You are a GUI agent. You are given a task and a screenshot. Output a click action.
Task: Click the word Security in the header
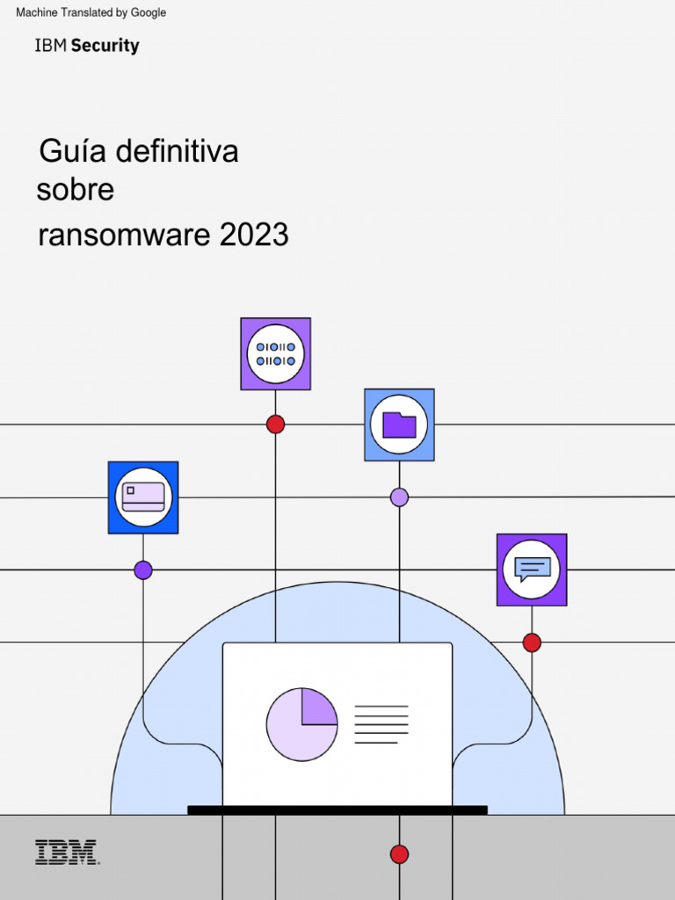[x=105, y=46]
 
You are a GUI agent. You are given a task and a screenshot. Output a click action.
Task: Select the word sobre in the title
[x=75, y=190]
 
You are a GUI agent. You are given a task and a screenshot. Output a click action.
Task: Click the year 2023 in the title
[x=254, y=235]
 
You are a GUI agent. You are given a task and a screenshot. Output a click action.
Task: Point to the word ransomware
[x=125, y=235]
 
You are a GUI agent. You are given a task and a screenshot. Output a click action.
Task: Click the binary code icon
[x=275, y=354]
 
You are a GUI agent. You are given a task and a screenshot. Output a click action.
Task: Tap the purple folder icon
[x=399, y=425]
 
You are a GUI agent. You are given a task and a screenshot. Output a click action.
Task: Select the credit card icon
[x=143, y=497]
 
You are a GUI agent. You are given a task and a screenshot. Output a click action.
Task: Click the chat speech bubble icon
[x=532, y=570]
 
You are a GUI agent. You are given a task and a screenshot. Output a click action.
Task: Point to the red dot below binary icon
[x=275, y=425]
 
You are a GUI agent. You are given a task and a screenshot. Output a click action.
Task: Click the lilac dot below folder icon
[x=399, y=497]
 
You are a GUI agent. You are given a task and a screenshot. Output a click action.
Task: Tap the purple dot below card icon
[x=143, y=570]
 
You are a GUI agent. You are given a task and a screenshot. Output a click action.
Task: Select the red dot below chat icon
[x=532, y=642]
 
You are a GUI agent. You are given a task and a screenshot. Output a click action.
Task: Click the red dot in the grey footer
[x=399, y=854]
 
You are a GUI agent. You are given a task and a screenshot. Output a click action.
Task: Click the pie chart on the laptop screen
[x=301, y=724]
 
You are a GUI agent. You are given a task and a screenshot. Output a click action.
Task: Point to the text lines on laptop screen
[x=381, y=724]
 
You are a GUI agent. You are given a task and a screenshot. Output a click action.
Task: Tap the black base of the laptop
[x=337, y=809]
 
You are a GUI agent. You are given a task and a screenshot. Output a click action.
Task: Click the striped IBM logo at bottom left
[x=67, y=853]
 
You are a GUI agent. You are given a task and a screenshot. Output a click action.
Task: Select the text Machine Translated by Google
[x=91, y=12]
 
